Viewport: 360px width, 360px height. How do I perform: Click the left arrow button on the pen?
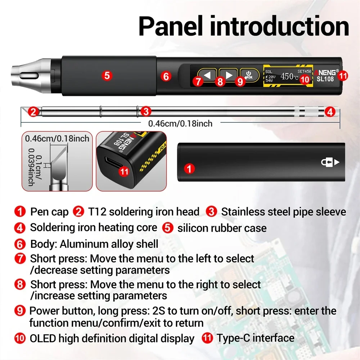(x=207, y=75)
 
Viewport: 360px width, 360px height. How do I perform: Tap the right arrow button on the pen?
(x=228, y=75)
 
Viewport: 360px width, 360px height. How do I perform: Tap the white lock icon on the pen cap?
(x=330, y=162)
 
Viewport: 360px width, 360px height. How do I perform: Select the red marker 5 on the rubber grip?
(x=107, y=76)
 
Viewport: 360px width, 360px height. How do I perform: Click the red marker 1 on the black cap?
(x=189, y=168)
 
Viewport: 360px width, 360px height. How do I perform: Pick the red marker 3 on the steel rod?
(x=145, y=111)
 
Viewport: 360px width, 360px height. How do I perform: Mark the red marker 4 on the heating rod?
(x=330, y=112)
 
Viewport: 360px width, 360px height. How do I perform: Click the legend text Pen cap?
(x=49, y=212)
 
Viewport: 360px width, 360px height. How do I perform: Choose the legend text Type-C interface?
(x=255, y=338)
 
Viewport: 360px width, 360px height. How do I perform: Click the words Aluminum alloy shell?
(x=109, y=244)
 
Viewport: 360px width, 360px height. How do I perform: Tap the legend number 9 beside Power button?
(x=20, y=311)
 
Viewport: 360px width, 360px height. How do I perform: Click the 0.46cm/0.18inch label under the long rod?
(x=180, y=123)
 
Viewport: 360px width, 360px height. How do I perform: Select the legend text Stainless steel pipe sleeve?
(x=283, y=212)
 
